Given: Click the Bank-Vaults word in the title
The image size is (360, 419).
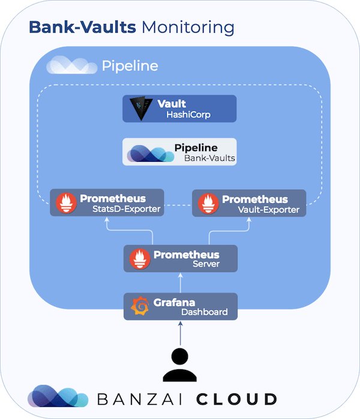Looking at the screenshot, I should pyautogui.click(x=84, y=27).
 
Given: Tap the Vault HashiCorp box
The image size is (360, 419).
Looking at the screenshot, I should pyautogui.click(x=179, y=108).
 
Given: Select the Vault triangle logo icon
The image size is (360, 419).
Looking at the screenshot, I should pyautogui.click(x=142, y=108).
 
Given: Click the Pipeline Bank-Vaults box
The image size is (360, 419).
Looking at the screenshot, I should pyautogui.click(x=179, y=152).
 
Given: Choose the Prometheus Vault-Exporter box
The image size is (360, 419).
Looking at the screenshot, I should pyautogui.click(x=249, y=203).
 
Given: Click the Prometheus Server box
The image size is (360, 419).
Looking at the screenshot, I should pyautogui.click(x=181, y=259).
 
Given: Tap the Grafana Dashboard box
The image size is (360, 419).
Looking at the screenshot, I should pyautogui.click(x=181, y=306).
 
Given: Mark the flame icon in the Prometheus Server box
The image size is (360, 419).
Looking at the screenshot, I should pyautogui.click(x=140, y=259).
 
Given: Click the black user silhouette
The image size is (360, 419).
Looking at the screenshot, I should pyautogui.click(x=180, y=364).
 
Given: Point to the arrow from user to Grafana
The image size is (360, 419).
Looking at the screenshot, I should pyautogui.click(x=180, y=333).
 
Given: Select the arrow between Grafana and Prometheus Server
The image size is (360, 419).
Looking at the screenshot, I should pyautogui.click(x=180, y=283).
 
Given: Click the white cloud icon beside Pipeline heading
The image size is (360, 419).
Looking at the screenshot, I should pyautogui.click(x=71, y=65).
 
